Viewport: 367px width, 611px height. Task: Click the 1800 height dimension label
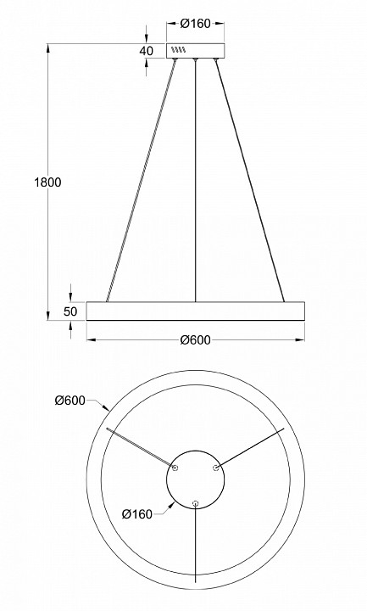pyautogui.click(x=47, y=182)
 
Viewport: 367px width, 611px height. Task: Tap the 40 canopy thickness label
pyautogui.click(x=147, y=51)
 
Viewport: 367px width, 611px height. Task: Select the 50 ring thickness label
pyautogui.click(x=70, y=311)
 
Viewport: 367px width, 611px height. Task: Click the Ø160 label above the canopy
pyautogui.click(x=196, y=24)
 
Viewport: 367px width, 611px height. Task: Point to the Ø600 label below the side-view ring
pyautogui.click(x=196, y=340)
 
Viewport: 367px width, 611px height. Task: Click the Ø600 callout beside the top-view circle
pyautogui.click(x=70, y=401)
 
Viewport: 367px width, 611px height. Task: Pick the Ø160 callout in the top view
pyautogui.click(x=137, y=514)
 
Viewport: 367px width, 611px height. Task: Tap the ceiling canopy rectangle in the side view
pyautogui.click(x=196, y=51)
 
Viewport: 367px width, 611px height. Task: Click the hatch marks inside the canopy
pyautogui.click(x=179, y=50)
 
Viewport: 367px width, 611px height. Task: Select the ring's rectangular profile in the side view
pyautogui.click(x=196, y=311)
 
